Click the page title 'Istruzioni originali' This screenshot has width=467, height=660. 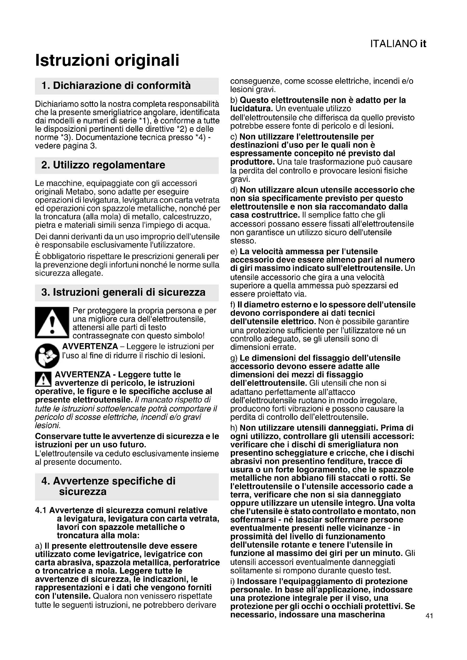(107, 60)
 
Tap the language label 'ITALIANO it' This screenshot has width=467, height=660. (398, 44)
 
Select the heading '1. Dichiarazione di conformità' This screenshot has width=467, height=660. (116, 86)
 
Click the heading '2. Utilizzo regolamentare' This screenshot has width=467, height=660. (103, 165)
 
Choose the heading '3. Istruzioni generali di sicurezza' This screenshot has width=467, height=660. (123, 292)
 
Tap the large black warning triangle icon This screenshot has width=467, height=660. (52, 323)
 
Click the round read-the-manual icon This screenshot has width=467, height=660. (47, 356)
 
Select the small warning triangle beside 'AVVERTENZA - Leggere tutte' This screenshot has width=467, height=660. (43, 379)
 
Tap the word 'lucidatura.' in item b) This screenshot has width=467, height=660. (251, 109)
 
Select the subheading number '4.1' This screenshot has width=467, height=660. (41, 510)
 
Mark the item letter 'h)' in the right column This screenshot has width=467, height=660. (234, 428)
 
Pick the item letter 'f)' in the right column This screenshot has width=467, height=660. (233, 304)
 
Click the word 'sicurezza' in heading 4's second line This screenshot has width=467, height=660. (82, 492)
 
